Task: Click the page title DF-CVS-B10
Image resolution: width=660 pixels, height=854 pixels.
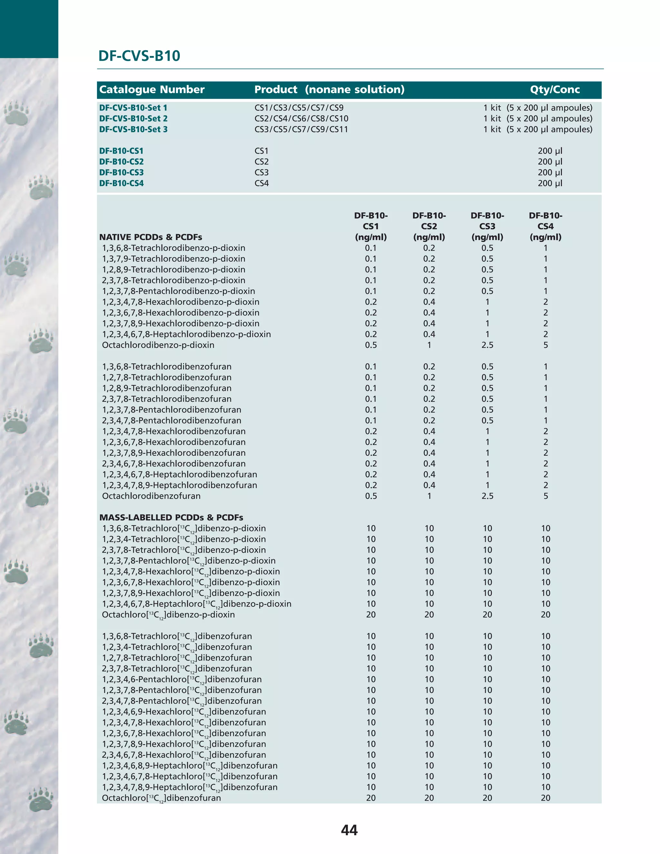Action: coord(139,56)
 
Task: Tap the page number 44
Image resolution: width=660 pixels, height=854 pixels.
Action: coord(349,830)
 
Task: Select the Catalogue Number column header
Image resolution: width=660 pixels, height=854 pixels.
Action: coord(152,90)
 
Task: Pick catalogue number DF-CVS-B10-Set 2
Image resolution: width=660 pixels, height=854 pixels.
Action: coord(133,119)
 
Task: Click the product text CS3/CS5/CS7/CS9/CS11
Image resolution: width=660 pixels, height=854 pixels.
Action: coord(301,130)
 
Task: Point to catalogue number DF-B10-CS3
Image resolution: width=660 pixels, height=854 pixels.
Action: coord(121,172)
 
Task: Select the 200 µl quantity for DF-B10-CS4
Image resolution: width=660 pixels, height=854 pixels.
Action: coord(550,183)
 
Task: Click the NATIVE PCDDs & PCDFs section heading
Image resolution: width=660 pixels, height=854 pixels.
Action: coord(150,237)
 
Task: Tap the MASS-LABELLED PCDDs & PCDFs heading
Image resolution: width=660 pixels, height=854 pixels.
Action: coord(171,517)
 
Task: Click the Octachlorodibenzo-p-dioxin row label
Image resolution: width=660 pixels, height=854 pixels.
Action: coord(158,345)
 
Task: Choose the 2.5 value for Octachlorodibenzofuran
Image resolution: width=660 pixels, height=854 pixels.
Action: coord(487,496)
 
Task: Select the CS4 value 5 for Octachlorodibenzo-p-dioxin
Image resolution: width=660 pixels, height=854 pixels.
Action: coord(546,345)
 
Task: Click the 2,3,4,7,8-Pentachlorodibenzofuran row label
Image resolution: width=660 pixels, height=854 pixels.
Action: coord(172,420)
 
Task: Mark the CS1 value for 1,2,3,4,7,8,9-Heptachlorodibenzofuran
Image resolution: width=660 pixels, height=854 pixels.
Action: coord(371,485)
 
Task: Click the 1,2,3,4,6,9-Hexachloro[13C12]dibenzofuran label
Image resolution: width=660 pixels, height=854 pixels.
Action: coord(184,712)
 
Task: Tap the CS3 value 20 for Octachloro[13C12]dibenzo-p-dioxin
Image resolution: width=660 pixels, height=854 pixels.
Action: coord(487,615)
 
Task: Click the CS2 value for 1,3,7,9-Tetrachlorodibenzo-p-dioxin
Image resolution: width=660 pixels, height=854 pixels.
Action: coord(429,259)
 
